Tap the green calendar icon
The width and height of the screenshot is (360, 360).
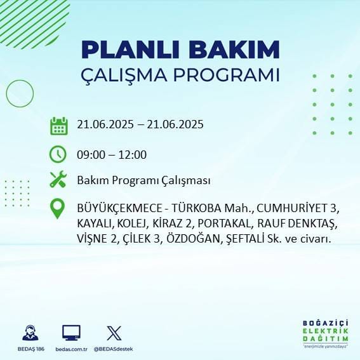[x=58, y=125]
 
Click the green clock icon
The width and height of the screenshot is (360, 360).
[x=58, y=154]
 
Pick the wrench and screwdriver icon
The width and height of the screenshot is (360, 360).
[x=58, y=180]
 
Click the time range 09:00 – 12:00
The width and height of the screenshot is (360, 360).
[x=112, y=154]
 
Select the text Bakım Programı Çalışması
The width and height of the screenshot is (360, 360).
[x=143, y=181]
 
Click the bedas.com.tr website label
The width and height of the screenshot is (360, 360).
[x=71, y=349]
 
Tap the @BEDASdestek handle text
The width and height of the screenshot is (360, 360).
[x=114, y=349]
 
